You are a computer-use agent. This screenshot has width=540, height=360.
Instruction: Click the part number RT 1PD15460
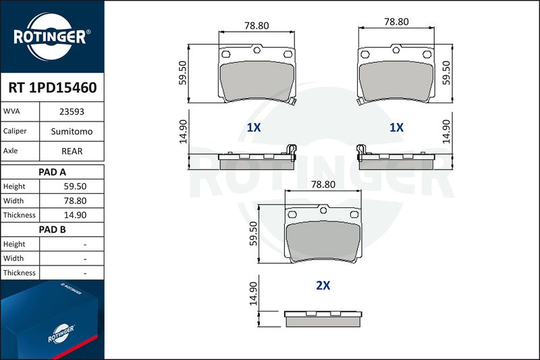(53, 88)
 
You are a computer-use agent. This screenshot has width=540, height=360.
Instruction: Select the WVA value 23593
(72, 111)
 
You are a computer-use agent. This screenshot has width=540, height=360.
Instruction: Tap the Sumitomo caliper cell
(72, 131)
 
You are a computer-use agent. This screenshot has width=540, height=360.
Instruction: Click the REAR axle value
(72, 151)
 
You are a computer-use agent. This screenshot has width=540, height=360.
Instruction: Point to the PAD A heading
(53, 172)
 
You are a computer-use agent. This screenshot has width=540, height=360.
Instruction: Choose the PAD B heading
(53, 230)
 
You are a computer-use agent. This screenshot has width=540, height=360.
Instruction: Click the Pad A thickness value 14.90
(75, 215)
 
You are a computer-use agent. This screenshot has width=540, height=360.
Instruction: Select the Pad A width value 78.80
(75, 201)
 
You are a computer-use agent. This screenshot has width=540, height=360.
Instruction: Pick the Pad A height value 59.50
(75, 186)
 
